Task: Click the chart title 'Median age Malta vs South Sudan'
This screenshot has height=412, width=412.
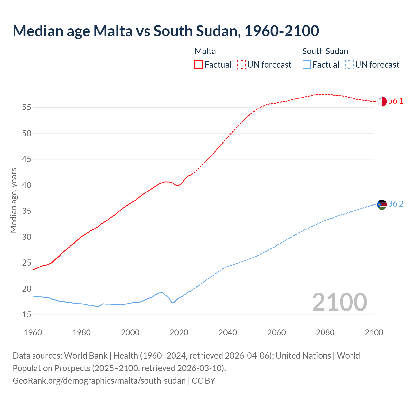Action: click(x=166, y=31)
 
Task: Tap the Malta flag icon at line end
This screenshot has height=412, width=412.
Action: click(x=382, y=101)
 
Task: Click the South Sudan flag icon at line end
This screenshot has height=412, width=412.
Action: click(x=382, y=204)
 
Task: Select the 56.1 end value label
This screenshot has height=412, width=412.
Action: click(x=396, y=101)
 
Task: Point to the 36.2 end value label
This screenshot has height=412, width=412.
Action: click(x=396, y=204)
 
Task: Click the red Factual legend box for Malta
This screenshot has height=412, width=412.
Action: click(x=199, y=65)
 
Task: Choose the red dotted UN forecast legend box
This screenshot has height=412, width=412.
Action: click(x=241, y=65)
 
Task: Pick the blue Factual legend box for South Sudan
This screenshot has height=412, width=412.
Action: click(x=307, y=65)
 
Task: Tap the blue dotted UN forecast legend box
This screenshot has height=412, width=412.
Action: click(x=349, y=65)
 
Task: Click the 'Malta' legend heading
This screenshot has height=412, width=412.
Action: click(x=205, y=51)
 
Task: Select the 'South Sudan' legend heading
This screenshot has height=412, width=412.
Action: click(x=325, y=51)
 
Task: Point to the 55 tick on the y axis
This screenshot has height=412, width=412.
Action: click(x=27, y=107)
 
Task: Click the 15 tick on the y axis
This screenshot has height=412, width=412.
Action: click(x=27, y=315)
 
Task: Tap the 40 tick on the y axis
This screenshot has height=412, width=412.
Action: click(x=27, y=185)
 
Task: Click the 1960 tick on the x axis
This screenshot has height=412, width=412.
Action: click(x=33, y=332)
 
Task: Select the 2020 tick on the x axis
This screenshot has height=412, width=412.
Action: click(x=179, y=332)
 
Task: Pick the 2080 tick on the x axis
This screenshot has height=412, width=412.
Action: click(x=325, y=332)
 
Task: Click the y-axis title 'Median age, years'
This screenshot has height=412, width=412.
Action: click(x=14, y=200)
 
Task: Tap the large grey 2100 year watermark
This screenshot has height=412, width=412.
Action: click(x=340, y=302)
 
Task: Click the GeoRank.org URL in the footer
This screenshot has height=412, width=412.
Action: click(x=99, y=381)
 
